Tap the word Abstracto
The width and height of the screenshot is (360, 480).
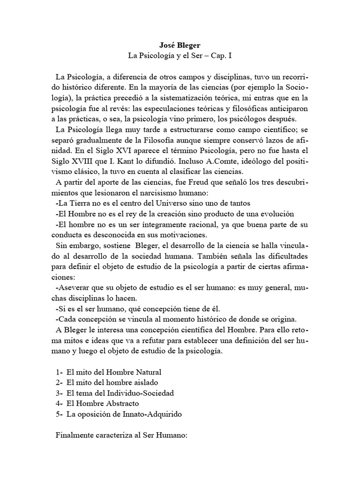(122, 403)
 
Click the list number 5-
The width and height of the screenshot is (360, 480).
(59, 414)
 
